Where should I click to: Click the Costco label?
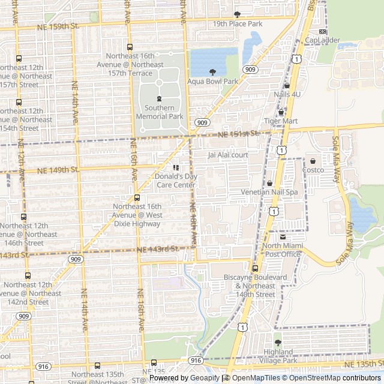tap(313, 170)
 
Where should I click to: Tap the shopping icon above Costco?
tap(313, 161)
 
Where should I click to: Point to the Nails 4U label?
tap(286, 94)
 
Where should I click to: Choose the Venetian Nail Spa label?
tap(269, 192)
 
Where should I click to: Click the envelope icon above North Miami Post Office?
tap(283, 237)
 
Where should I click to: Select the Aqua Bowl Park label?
tap(212, 81)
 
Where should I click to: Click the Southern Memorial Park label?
tap(159, 112)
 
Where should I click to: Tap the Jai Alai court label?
tap(228, 155)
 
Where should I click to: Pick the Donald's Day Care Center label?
tap(176, 181)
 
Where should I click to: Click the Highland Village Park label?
tap(278, 356)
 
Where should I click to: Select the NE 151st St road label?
tap(238, 134)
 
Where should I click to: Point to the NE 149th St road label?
tap(58, 170)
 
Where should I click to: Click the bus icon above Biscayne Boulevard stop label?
tap(255, 268)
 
